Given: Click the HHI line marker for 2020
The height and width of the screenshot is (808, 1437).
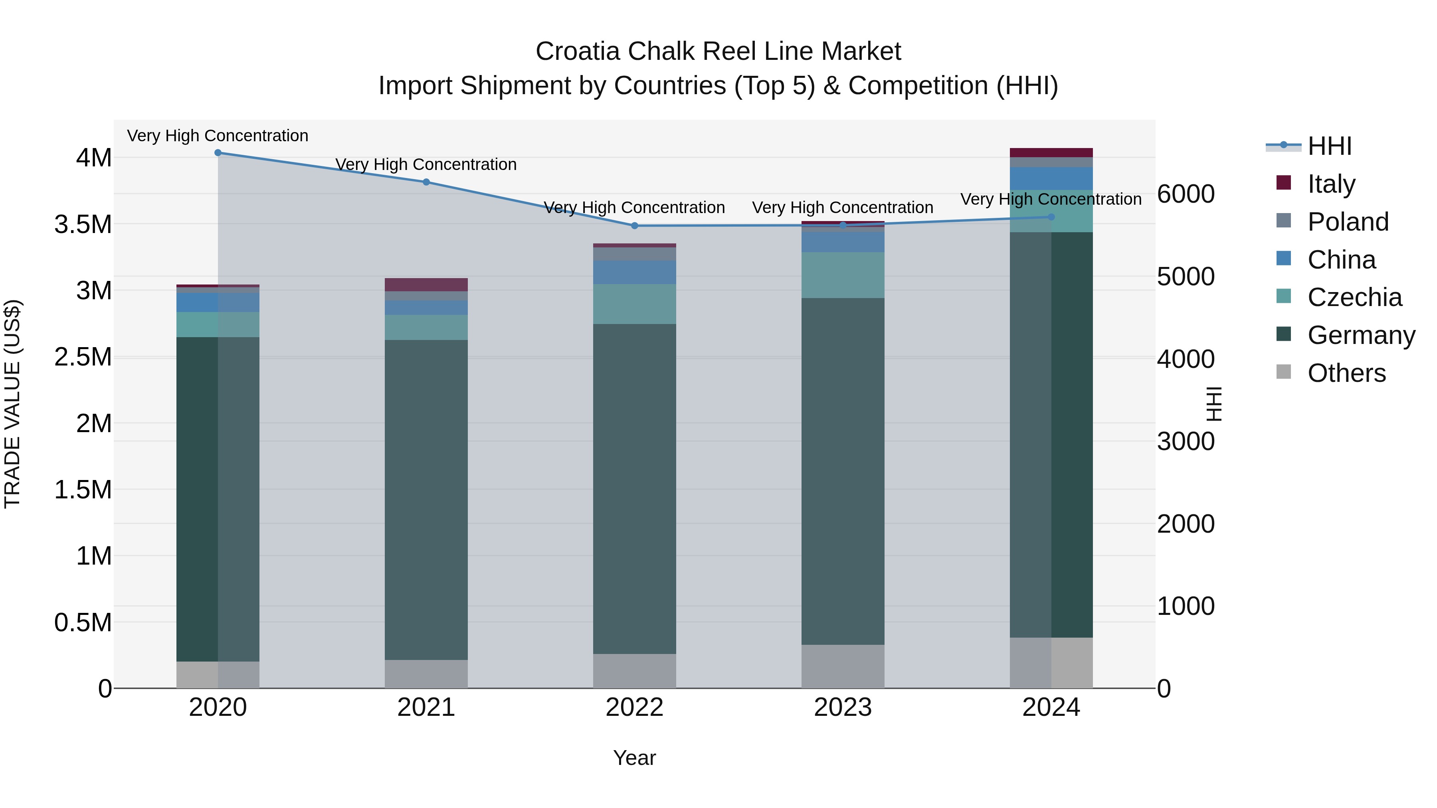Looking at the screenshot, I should [x=218, y=153].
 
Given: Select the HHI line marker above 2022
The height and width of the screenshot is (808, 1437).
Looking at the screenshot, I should [x=634, y=226].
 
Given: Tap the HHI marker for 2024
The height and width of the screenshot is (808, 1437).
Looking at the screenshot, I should [x=1051, y=217].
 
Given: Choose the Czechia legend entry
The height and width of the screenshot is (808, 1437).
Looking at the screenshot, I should [x=1354, y=297].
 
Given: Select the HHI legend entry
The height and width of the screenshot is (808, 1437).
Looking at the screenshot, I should [x=1329, y=146].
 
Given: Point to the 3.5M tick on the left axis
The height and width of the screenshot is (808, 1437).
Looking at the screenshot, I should [x=83, y=224].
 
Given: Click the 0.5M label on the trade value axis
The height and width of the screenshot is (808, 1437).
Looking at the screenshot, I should [x=83, y=622].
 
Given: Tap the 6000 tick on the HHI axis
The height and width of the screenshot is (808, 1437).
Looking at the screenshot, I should [x=1186, y=194].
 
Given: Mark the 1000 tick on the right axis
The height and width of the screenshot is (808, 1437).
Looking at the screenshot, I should [x=1186, y=606].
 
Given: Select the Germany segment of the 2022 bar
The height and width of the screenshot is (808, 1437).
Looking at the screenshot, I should [x=634, y=488].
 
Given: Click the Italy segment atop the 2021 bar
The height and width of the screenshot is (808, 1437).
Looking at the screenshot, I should [x=426, y=284].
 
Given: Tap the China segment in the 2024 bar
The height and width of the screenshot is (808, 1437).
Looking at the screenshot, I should [x=1051, y=178].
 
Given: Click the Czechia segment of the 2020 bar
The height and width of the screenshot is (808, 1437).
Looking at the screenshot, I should [x=218, y=324].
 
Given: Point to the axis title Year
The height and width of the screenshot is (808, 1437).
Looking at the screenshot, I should [x=634, y=758].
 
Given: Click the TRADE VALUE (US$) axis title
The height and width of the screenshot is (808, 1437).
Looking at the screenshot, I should [x=12, y=404].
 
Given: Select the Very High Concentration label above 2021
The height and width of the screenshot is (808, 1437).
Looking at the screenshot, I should [x=426, y=164].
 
